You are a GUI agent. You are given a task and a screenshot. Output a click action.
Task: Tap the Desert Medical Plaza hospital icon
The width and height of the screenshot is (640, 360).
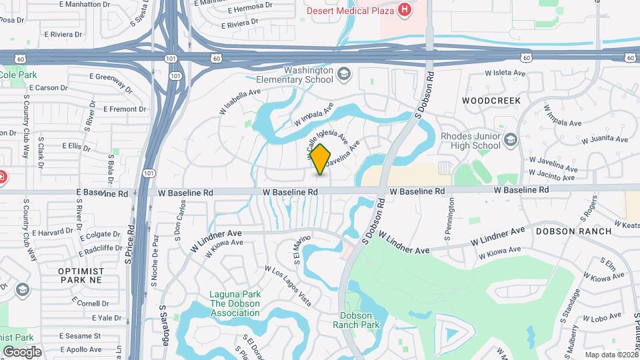(x=403, y=9)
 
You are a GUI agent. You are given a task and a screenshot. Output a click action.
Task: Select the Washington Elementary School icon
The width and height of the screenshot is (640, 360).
(x=344, y=73)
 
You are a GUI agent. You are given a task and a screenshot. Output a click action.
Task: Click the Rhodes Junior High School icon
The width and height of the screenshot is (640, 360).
(x=511, y=139)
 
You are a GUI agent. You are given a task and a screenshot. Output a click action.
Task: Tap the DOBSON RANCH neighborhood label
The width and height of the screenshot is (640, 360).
(x=573, y=231)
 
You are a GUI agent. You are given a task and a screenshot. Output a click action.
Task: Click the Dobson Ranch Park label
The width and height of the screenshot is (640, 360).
(x=359, y=320)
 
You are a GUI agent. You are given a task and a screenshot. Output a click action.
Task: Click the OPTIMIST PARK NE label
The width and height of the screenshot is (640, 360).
(x=81, y=277)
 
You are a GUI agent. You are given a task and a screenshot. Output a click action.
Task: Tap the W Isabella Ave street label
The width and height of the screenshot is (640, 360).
(x=239, y=100)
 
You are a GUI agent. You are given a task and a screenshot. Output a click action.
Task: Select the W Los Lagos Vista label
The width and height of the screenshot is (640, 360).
(x=288, y=286)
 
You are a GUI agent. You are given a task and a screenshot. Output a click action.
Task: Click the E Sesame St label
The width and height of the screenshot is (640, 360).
(x=79, y=336)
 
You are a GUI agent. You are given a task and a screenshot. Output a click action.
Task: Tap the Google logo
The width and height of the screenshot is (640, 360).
(x=22, y=351)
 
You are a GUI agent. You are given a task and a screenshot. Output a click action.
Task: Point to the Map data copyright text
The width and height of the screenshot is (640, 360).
(x=611, y=355)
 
